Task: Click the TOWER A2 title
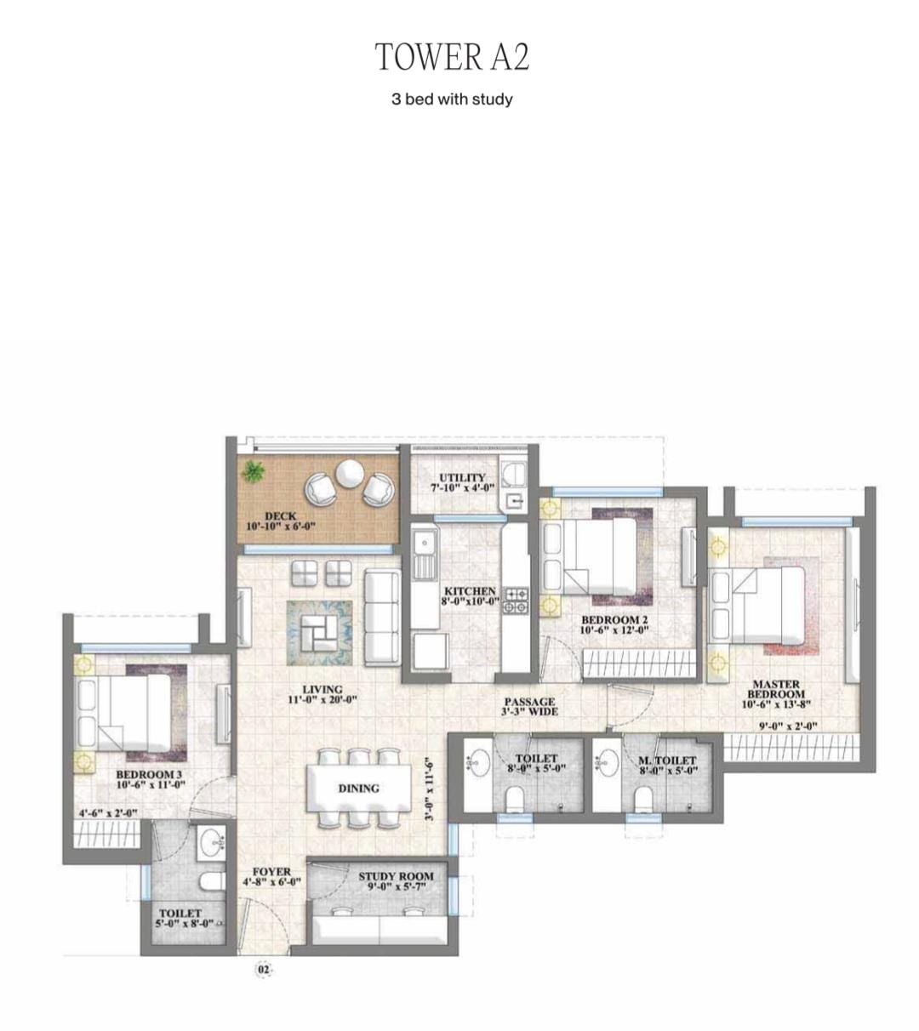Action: click(452, 56)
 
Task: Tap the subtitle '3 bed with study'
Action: click(452, 99)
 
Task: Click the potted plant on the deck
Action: click(252, 471)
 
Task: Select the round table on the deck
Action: click(349, 473)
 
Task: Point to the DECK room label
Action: click(281, 516)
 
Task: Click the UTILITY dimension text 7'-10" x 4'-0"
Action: click(462, 487)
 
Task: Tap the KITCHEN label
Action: click(470, 591)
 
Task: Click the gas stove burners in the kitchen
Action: click(517, 600)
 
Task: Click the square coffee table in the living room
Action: click(319, 634)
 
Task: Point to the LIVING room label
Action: click(323, 690)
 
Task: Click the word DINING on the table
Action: click(359, 789)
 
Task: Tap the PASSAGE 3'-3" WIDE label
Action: click(529, 707)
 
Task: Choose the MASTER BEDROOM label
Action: click(776, 689)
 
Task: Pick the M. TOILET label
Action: click(667, 760)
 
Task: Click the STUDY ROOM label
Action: click(397, 876)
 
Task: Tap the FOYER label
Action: click(272, 872)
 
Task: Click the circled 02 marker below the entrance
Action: click(263, 970)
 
